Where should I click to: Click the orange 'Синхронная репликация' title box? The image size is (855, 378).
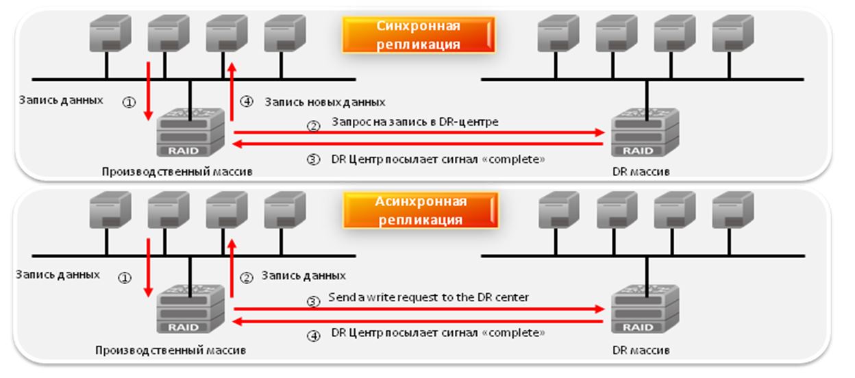point(418,35)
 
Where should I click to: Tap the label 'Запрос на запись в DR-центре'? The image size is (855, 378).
point(414,123)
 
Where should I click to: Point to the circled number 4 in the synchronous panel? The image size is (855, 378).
point(247,102)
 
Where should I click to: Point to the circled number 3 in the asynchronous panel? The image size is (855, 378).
point(313,301)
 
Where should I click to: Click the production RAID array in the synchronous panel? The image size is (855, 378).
point(190,131)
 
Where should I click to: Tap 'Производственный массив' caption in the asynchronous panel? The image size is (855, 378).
point(171,350)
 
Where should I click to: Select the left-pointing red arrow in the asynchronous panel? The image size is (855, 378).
point(418,320)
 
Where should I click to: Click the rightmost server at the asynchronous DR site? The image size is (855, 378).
point(732,212)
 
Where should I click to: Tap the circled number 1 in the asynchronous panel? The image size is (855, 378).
point(125,278)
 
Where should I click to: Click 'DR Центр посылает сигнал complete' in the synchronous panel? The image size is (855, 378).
point(438,160)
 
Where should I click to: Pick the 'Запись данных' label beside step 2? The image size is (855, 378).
point(302,276)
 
